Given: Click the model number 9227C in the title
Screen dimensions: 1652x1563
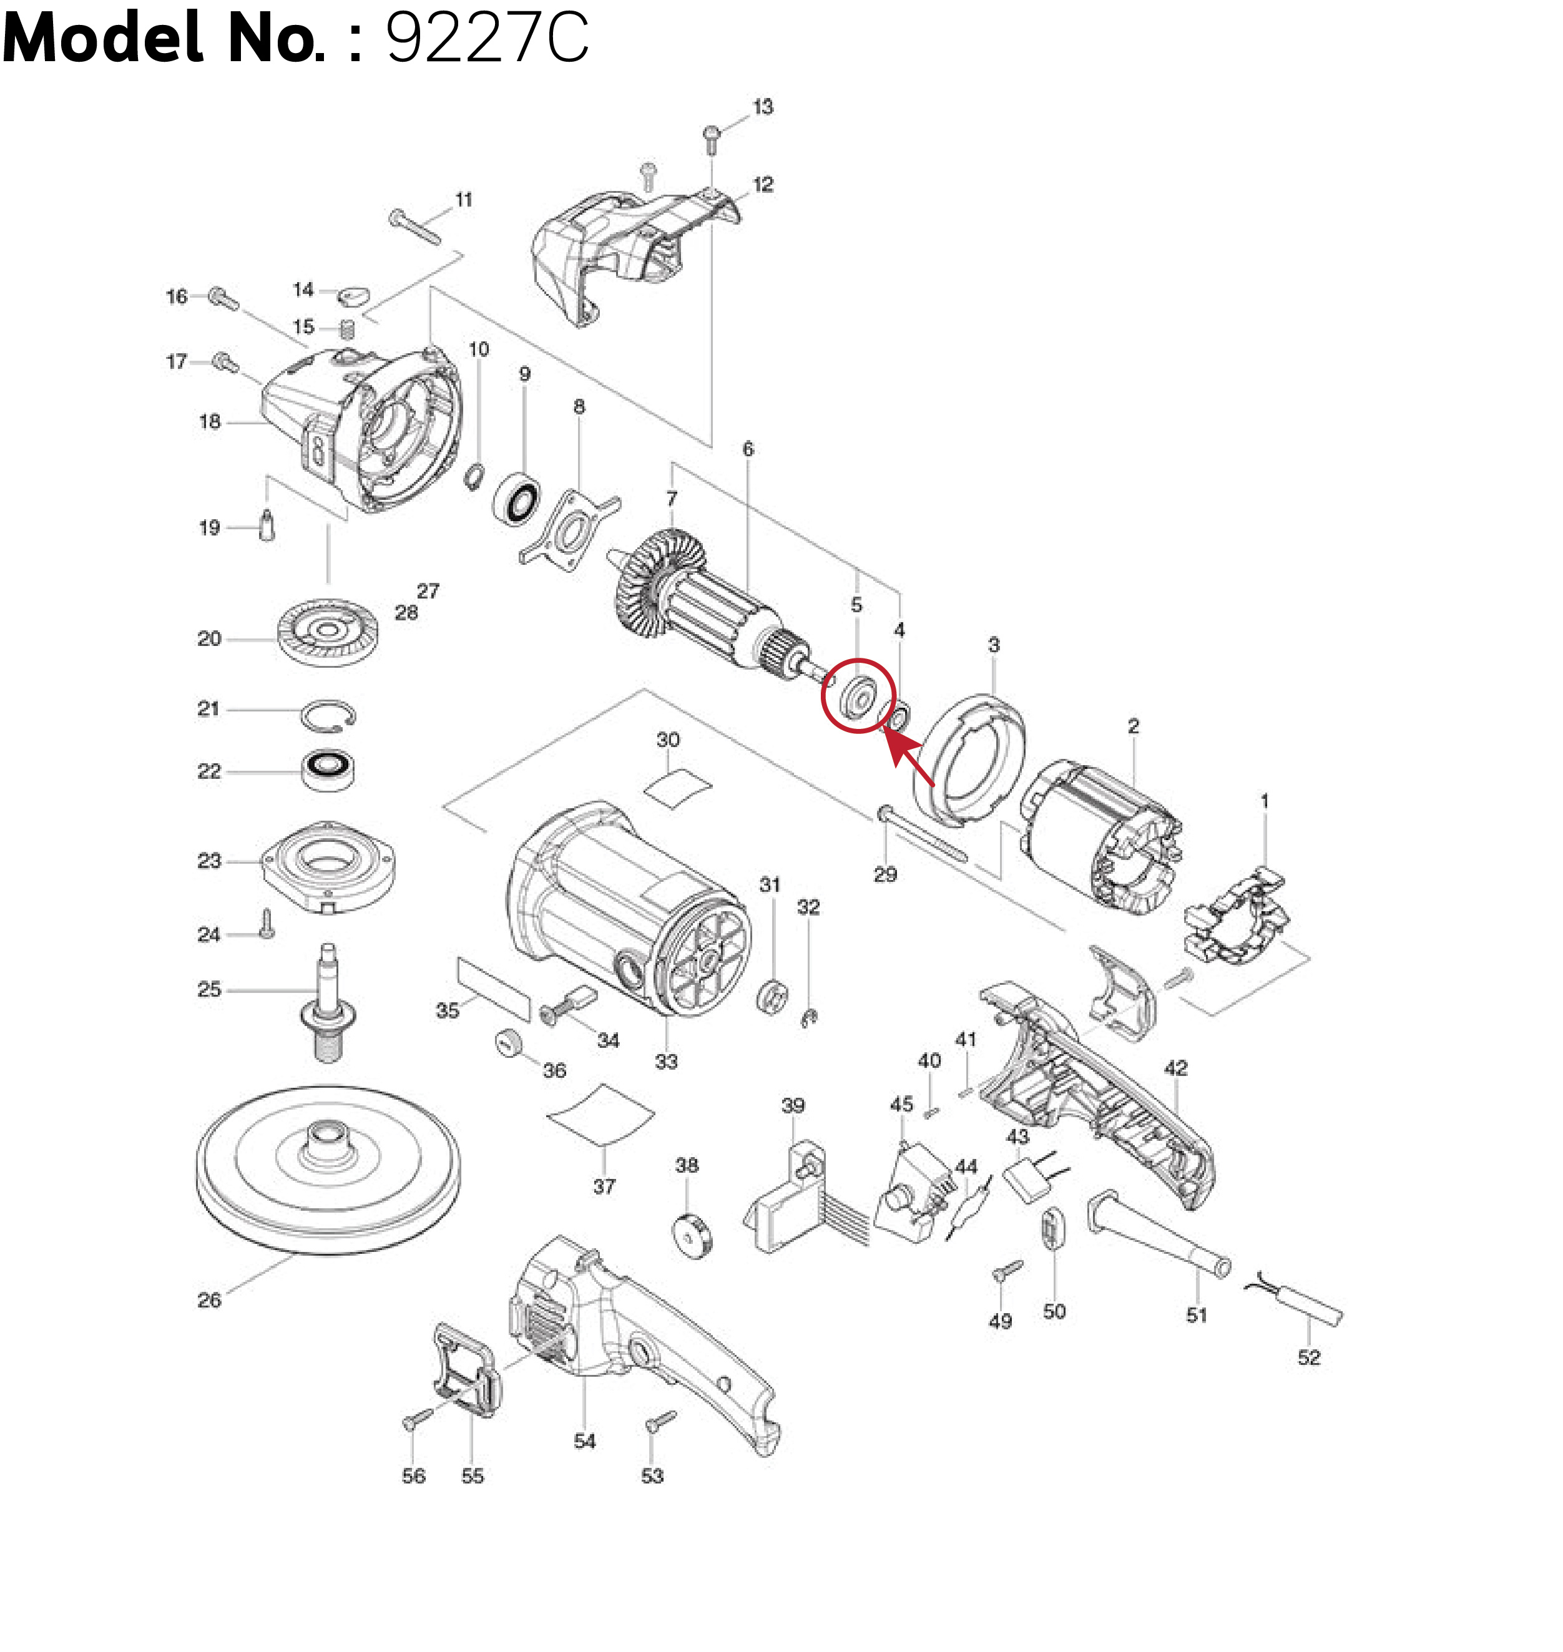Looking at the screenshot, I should pos(488,38).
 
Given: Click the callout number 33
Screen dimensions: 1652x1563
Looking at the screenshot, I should pos(665,1062).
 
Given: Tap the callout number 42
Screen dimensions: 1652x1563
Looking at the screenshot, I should pos(1175,1067).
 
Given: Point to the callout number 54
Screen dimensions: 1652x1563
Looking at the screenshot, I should pos(585,1441).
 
